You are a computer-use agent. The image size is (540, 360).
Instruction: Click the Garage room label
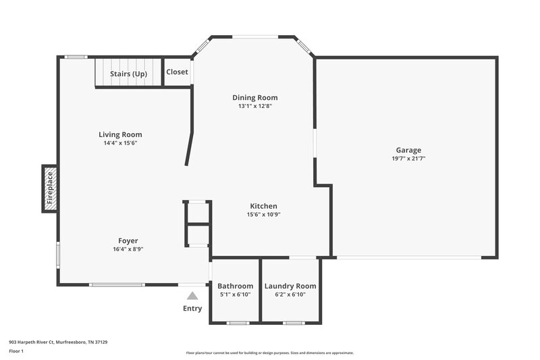[x=408, y=150]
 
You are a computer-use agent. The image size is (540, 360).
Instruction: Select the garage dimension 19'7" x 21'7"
[x=408, y=159]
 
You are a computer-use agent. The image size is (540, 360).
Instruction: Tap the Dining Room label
[x=254, y=97]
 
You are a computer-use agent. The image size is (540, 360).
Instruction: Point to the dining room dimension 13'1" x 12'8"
[x=254, y=106]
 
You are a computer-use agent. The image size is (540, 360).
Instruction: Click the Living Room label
[x=120, y=134]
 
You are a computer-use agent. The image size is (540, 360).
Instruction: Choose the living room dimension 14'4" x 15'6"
[x=120, y=143]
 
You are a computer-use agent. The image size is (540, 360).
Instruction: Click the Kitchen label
[x=263, y=206]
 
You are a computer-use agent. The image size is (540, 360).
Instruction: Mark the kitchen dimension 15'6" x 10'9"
[x=263, y=215]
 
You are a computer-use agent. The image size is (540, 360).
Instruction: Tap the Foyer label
[x=128, y=240]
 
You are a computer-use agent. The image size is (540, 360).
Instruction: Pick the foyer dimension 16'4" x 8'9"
[x=128, y=249]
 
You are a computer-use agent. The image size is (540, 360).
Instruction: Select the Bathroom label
[x=236, y=286]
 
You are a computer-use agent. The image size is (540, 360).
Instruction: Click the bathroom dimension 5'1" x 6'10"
[x=236, y=294]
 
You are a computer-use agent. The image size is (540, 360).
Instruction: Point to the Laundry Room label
[x=290, y=286]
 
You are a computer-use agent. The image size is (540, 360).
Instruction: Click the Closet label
[x=178, y=72]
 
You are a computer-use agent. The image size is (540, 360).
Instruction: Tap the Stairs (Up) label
[x=128, y=74]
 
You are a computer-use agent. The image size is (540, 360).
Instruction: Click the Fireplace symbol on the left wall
[x=49, y=188]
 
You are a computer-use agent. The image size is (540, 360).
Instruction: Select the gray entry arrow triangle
[x=192, y=295]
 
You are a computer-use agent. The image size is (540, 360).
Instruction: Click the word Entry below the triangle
[x=192, y=309]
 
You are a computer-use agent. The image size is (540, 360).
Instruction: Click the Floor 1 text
[x=16, y=352]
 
